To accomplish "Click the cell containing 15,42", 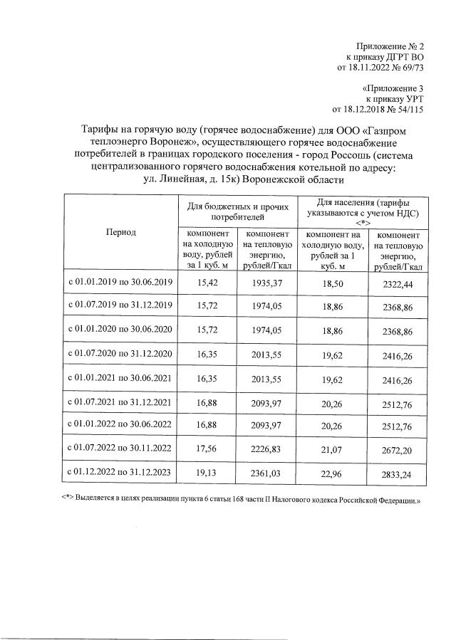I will (x=207, y=283).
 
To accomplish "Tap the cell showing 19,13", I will (x=207, y=471).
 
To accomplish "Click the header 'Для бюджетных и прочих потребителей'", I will (x=237, y=209).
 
